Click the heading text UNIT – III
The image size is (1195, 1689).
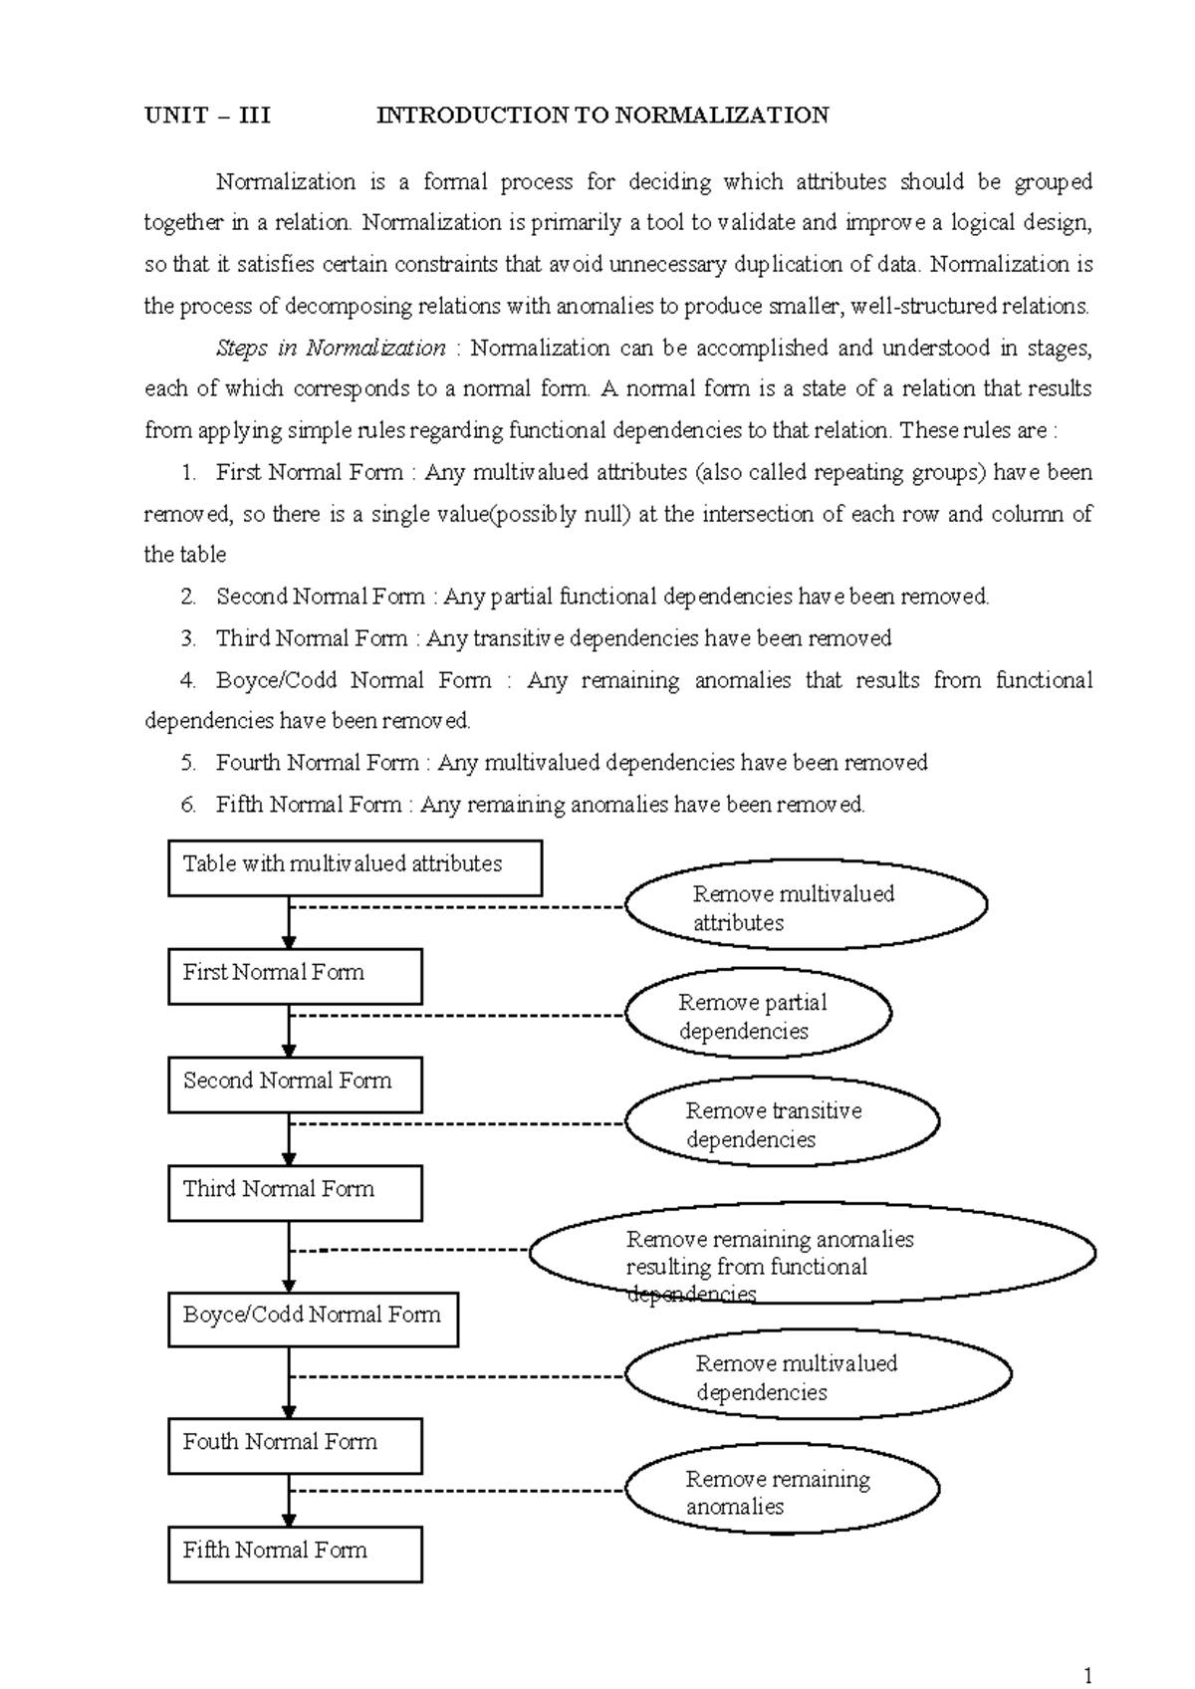(x=207, y=116)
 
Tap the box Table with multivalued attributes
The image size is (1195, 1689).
(x=355, y=867)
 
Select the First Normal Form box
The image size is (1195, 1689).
(x=295, y=976)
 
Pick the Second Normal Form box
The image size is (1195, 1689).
(x=295, y=1085)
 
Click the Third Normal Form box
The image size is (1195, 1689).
(x=295, y=1193)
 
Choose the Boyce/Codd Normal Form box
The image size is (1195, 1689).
(x=313, y=1320)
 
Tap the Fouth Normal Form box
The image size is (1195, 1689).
(x=295, y=1446)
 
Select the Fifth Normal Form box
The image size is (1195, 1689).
(x=295, y=1555)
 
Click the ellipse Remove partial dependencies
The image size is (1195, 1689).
(x=758, y=1016)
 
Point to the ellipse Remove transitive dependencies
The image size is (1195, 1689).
(x=783, y=1124)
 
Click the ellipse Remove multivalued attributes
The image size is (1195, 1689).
(x=807, y=906)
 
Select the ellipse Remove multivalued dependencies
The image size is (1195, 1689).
(x=819, y=1376)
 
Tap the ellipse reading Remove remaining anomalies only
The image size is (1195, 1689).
(x=783, y=1492)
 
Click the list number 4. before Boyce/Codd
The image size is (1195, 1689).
(x=188, y=681)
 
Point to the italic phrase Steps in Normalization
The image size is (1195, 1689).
(x=331, y=349)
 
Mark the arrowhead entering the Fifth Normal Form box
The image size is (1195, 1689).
(x=289, y=1520)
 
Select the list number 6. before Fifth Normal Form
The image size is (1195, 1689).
(x=188, y=806)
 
